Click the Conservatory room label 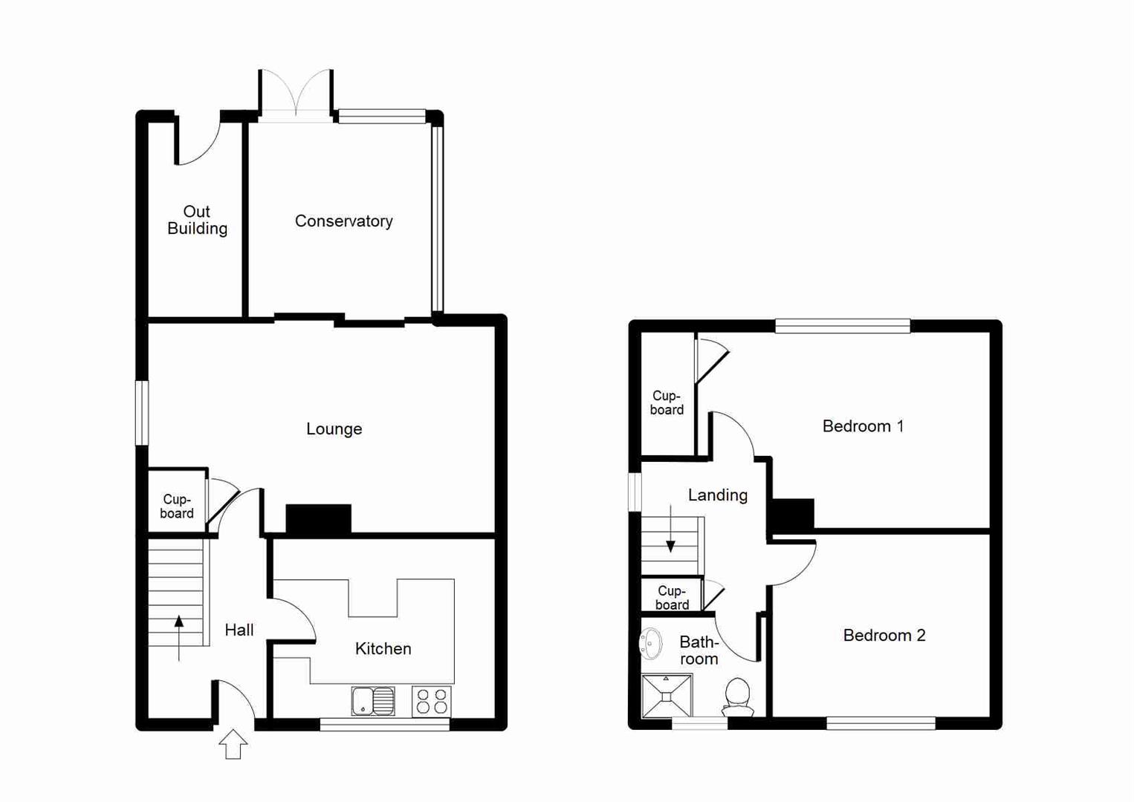click(x=343, y=221)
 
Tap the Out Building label click(x=197, y=221)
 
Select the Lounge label click(x=334, y=429)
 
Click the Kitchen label click(x=383, y=649)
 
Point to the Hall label click(x=239, y=630)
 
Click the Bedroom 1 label click(x=863, y=426)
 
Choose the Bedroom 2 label click(x=884, y=636)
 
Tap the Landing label click(x=717, y=495)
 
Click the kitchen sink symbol click(x=373, y=701)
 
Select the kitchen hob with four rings click(x=432, y=701)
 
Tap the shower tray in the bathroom click(x=667, y=696)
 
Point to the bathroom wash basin click(x=651, y=644)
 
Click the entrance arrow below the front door click(x=233, y=744)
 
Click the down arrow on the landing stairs click(x=670, y=529)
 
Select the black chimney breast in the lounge click(x=318, y=519)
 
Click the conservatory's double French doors click(x=296, y=94)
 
